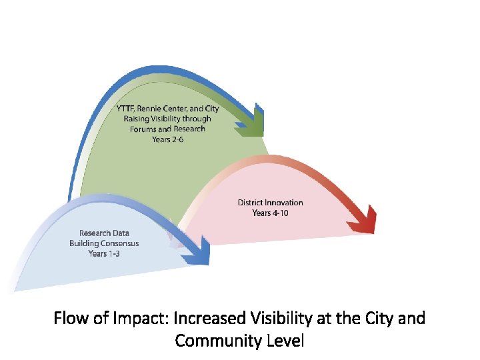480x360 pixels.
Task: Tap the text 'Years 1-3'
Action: click(x=104, y=253)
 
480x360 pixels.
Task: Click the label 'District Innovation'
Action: click(x=270, y=203)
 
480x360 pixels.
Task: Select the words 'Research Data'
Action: click(x=104, y=233)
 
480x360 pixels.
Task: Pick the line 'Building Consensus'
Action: click(x=104, y=243)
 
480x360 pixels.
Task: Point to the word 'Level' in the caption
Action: click(x=285, y=341)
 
